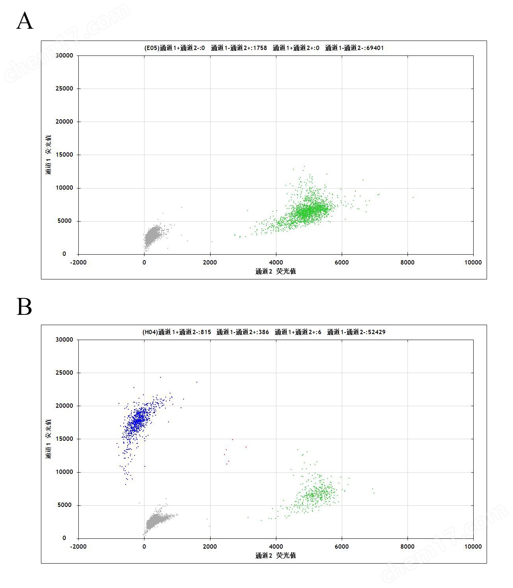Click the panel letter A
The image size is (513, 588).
[24, 21]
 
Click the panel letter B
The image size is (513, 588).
[24, 307]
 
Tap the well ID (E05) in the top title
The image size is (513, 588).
[152, 48]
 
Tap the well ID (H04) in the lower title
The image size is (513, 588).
[150, 332]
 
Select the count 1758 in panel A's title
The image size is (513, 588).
[259, 48]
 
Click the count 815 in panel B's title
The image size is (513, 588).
[206, 332]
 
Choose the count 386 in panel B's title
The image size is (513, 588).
[263, 332]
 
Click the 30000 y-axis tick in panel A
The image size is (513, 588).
[64, 55]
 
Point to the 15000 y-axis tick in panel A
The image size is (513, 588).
[64, 155]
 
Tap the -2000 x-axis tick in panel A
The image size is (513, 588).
[78, 263]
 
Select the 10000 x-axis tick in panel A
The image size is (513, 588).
[473, 263]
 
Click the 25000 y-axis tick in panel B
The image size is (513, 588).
[64, 373]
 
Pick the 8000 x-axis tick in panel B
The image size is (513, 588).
[407, 546]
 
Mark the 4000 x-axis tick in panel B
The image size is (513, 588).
[276, 546]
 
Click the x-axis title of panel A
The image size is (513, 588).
[276, 271]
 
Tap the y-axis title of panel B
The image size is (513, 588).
[48, 439]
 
